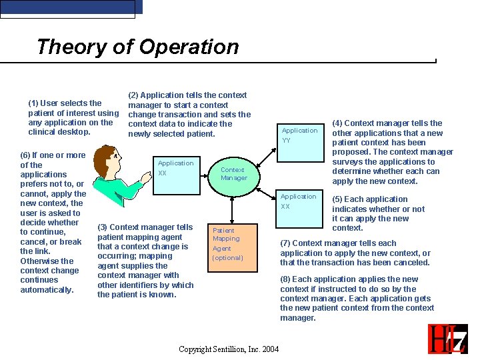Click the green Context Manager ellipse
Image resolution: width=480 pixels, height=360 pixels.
[x=233, y=173]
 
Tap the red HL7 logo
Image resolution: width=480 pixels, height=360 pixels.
[x=447, y=339]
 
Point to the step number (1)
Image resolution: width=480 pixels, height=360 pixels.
[x=33, y=103]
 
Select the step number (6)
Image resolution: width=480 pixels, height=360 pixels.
[x=26, y=155]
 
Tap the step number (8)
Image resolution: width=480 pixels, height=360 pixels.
[x=285, y=279]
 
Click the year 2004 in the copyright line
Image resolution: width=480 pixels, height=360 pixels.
[x=269, y=349]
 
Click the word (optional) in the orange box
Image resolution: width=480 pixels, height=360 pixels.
[x=228, y=258]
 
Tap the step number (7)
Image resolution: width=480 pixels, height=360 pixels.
[x=285, y=243]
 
